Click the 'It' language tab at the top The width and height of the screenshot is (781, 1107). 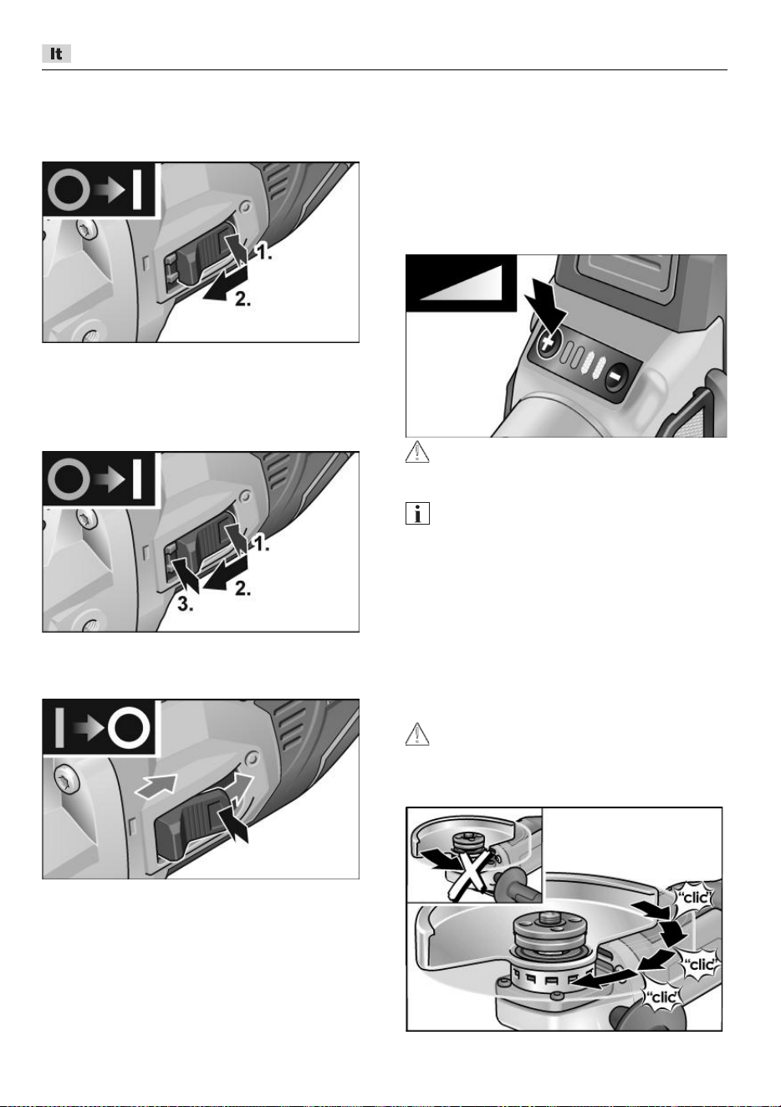(56, 54)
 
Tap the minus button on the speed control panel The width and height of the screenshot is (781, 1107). (616, 377)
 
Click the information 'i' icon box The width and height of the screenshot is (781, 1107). (417, 513)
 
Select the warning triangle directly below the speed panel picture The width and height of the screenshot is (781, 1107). (417, 451)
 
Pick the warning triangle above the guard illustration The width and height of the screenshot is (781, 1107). (417, 734)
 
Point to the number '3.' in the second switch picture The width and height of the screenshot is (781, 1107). (186, 604)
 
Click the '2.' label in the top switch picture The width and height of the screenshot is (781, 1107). (242, 299)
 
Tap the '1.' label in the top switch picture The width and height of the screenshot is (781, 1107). (263, 253)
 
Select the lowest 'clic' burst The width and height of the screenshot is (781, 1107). (663, 997)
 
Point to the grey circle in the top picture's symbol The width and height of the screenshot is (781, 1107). (69, 190)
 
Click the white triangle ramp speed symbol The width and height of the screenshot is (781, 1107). (461, 283)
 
